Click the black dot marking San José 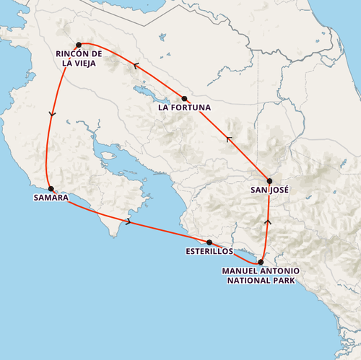269,181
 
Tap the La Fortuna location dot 184,99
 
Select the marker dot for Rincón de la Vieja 79,45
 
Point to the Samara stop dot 51,188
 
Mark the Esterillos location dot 209,242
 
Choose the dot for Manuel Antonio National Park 261,262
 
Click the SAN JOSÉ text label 269,191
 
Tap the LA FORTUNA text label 184,109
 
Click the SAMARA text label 51,198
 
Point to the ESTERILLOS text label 209,253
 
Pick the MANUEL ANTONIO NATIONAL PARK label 261,276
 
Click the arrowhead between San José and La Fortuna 230,139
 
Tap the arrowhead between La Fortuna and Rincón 134,66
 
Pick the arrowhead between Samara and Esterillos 129,221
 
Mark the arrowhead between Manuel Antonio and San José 268,222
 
